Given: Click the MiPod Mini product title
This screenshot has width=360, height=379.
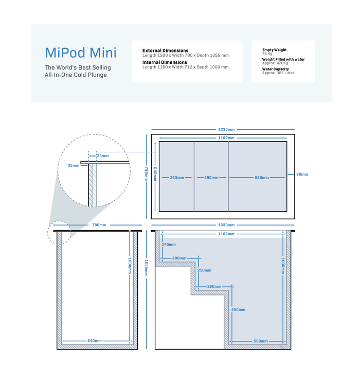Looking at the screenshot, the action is [x=81, y=53].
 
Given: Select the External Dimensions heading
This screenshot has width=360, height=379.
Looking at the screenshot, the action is [x=166, y=50].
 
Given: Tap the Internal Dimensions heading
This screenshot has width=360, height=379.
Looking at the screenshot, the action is [x=165, y=62].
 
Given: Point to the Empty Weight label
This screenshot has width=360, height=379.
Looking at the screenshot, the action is [x=274, y=50].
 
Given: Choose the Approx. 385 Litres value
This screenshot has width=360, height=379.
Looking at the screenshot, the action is [x=278, y=73].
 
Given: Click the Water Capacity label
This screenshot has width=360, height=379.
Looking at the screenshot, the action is [x=276, y=69].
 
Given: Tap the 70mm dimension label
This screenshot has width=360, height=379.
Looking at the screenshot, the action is [x=302, y=174].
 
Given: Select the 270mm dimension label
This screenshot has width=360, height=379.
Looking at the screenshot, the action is [x=169, y=245].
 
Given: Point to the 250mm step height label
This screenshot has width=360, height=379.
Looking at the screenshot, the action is [x=205, y=270].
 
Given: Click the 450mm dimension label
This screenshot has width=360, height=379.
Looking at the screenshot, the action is [x=238, y=309].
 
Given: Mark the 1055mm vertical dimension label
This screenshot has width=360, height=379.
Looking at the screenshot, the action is [x=146, y=268].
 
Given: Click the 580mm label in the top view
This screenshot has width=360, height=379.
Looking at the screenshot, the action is [x=262, y=178].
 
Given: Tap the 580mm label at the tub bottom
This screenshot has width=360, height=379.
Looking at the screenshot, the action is [x=261, y=341].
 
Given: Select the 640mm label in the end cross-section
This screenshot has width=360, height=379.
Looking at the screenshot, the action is [x=95, y=341].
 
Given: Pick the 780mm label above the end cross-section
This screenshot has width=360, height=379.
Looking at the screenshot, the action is [x=99, y=225].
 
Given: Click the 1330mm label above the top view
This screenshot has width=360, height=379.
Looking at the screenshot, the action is [x=226, y=130].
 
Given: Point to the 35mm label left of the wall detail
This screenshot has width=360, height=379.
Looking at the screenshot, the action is [x=74, y=166].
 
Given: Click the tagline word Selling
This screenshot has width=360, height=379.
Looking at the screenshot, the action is [x=101, y=67].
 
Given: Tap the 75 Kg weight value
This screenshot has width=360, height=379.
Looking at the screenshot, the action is [x=267, y=54].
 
